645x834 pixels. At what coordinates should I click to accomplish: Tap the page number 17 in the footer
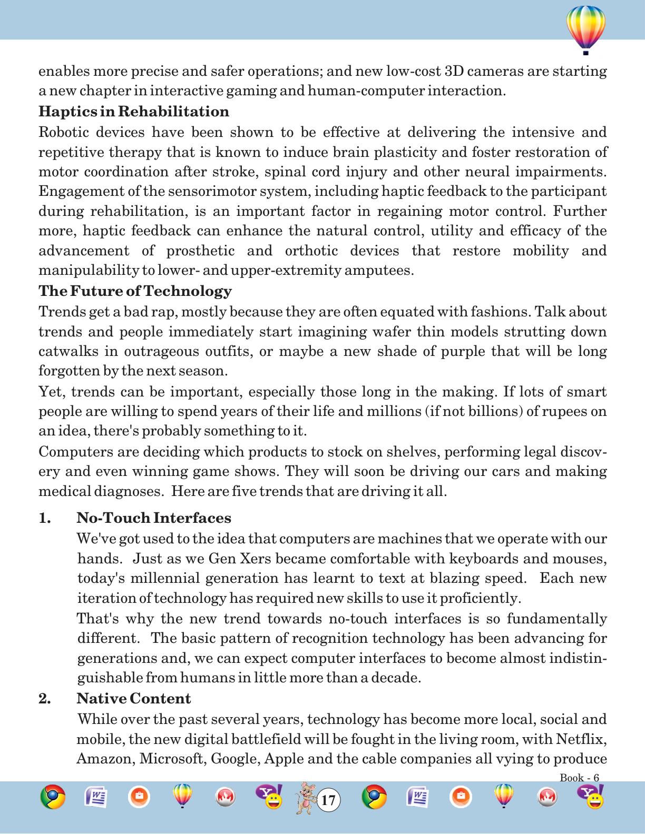pos(328,800)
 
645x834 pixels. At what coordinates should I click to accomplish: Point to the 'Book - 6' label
pos(579,778)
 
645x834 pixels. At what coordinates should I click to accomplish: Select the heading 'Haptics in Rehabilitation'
pos(134,112)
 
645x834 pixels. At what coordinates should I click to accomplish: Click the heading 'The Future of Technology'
pos(135,291)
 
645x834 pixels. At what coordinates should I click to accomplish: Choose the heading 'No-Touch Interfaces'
pos(154,518)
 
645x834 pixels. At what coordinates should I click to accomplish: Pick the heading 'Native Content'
pos(134,699)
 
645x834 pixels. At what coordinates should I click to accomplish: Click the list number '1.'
pos(45,518)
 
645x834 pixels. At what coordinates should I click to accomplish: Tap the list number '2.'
pos(45,699)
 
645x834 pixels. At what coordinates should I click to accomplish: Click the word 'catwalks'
pos(62,351)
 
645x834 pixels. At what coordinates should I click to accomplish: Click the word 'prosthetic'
pos(200,251)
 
